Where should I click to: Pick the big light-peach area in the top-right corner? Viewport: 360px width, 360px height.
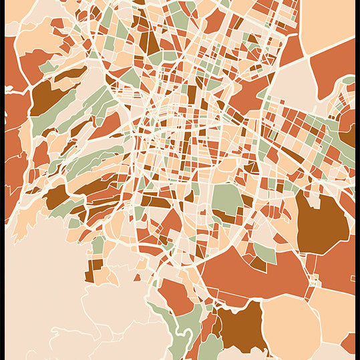[x=327, y=23]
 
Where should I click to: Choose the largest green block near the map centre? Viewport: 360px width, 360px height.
[x=227, y=200]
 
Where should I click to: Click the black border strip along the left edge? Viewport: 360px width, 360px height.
[x=2, y=180]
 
